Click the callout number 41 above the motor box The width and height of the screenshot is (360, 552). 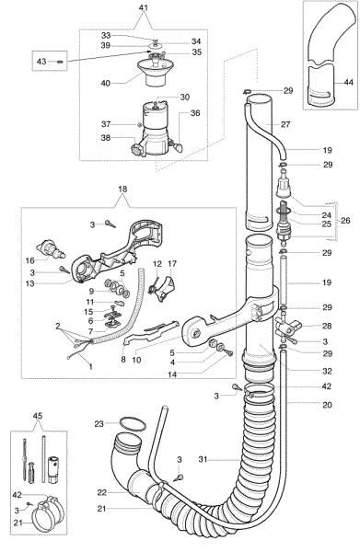coord(168,7)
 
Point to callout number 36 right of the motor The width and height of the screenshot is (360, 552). coord(194,113)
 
